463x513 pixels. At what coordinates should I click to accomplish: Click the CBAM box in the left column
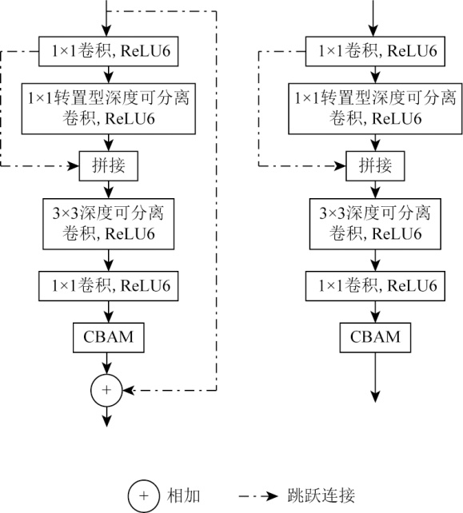click(109, 337)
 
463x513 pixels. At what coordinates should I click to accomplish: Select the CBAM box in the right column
click(375, 337)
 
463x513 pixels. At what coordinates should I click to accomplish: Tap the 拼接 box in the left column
click(109, 166)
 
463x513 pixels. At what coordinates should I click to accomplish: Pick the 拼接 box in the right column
click(375, 166)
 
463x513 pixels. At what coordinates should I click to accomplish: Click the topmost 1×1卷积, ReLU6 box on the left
click(109, 51)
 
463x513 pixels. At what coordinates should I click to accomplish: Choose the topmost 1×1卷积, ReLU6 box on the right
click(375, 51)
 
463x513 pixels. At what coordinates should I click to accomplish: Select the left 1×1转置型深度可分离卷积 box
click(109, 109)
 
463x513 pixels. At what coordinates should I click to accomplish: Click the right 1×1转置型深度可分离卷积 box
click(375, 109)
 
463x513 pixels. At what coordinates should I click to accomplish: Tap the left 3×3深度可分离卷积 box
click(109, 224)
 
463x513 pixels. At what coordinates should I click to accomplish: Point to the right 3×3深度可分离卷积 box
click(375, 224)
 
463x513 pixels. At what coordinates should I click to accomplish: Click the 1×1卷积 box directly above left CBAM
click(109, 286)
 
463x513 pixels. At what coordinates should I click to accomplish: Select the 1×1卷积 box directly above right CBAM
click(375, 286)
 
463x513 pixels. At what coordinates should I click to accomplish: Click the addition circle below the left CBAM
click(106, 390)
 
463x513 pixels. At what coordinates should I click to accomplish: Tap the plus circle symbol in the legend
click(144, 495)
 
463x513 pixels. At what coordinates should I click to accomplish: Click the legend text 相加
click(183, 495)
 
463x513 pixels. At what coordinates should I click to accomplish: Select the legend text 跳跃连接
click(321, 495)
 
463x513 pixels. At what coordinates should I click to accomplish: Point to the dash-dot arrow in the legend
click(258, 496)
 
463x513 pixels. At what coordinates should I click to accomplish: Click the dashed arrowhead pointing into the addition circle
click(129, 390)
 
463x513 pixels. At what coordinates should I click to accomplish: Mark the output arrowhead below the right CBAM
click(375, 396)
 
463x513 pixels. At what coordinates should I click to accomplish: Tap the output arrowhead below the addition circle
click(106, 421)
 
